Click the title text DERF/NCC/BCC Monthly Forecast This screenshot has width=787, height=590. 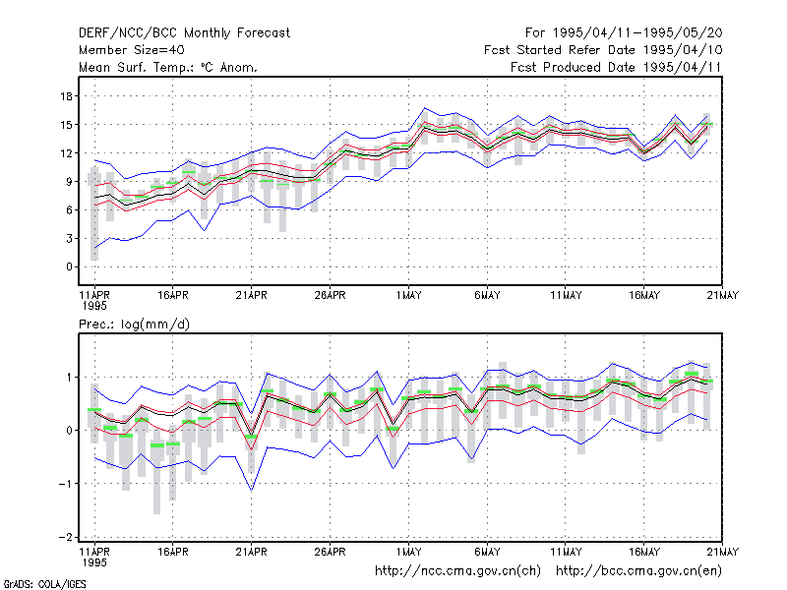click(184, 33)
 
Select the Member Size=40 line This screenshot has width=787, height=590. click(132, 50)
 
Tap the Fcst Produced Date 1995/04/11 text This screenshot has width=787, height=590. click(616, 67)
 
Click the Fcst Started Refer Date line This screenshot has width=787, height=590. click(603, 50)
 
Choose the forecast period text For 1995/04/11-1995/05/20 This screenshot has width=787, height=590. click(624, 33)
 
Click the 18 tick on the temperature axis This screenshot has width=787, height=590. click(66, 96)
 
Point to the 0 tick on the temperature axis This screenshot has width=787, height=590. click(69, 266)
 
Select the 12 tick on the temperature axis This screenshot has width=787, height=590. click(66, 153)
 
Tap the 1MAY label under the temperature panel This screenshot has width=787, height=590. click(408, 296)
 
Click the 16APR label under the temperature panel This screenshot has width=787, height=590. click(173, 296)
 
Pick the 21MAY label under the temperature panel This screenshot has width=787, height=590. click(723, 296)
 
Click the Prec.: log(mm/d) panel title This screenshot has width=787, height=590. click(134, 324)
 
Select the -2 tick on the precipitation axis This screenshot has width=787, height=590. click(65, 537)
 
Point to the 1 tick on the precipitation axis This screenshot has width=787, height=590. click(69, 378)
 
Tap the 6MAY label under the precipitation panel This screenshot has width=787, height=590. click(487, 552)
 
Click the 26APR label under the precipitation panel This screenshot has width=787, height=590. click(331, 552)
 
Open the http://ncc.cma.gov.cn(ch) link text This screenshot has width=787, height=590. click(457, 571)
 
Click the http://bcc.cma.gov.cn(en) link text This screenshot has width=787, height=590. click(638, 571)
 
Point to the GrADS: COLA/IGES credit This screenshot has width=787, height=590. click(44, 584)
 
